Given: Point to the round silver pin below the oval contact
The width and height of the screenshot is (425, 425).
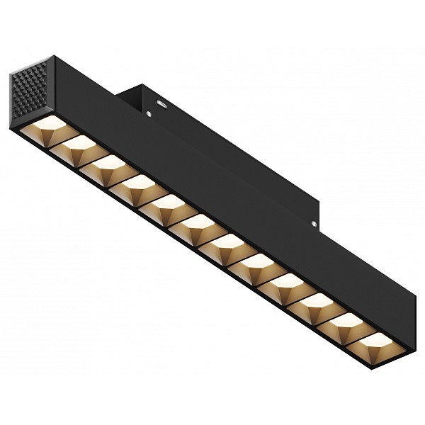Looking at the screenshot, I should point(150,112).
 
